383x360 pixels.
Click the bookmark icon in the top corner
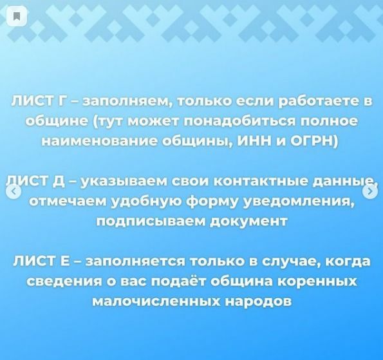[x=17, y=16]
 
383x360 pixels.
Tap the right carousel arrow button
[x=370, y=192]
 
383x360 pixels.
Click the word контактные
[x=257, y=182]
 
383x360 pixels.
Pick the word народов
[x=258, y=302]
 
